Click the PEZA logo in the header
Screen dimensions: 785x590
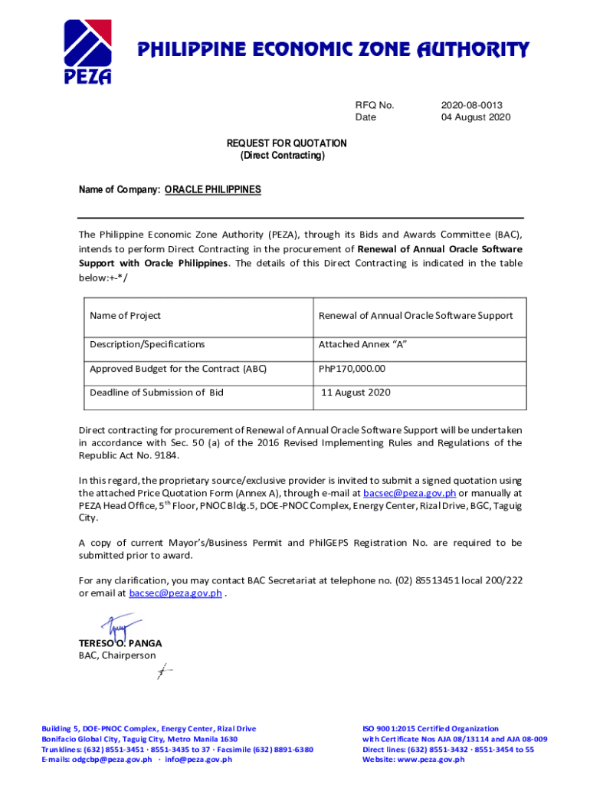point(87,51)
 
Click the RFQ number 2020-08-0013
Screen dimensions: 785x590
point(472,105)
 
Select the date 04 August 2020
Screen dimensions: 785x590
point(475,117)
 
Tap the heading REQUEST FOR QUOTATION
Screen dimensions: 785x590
point(287,143)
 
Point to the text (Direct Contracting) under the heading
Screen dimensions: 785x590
point(283,156)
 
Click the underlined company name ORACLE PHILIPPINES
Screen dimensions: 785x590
point(212,189)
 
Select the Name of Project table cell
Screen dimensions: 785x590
point(125,316)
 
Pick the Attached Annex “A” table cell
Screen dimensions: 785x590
point(362,344)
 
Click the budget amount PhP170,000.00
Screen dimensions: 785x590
point(352,369)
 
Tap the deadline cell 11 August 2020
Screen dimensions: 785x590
point(356,392)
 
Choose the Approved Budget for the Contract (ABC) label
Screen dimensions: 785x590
point(178,369)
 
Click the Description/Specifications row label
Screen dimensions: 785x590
point(147,344)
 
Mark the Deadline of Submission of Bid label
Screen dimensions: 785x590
point(156,392)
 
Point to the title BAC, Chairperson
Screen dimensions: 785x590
point(116,655)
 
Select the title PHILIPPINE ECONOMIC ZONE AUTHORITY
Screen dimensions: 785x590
point(333,51)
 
